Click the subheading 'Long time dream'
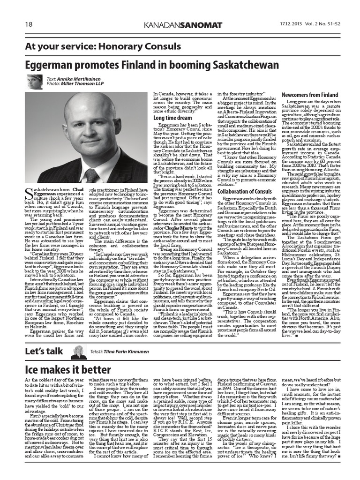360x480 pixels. click(x=172, y=118)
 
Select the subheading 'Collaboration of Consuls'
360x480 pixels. click(x=244, y=191)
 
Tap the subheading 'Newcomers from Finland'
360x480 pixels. click(x=310, y=95)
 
